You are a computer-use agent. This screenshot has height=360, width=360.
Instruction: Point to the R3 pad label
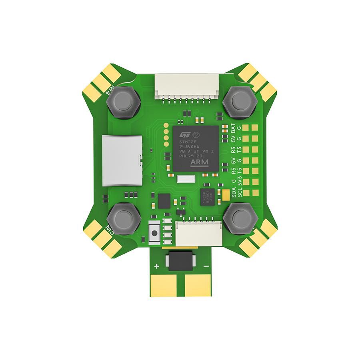click(234, 150)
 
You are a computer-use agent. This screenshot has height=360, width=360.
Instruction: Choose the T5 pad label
click(240, 171)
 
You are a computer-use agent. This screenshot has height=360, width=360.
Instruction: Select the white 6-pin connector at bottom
click(199, 234)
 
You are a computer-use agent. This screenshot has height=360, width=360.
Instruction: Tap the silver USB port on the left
click(122, 161)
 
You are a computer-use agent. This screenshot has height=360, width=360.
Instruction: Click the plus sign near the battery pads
click(156, 266)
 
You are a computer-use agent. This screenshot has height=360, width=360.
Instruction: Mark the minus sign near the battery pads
click(206, 266)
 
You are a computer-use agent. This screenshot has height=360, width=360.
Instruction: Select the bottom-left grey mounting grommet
click(123, 219)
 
